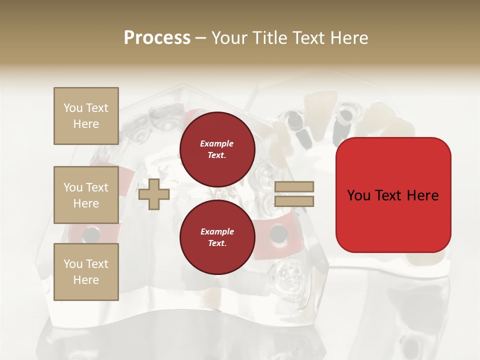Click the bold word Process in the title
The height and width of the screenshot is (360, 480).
tap(157, 38)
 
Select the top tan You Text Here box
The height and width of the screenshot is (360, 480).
tap(86, 116)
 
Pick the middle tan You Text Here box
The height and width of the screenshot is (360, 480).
tap(86, 195)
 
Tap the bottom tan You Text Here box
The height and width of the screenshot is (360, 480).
tap(86, 272)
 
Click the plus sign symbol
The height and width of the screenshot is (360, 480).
tap(154, 194)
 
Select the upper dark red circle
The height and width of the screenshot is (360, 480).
tap(217, 149)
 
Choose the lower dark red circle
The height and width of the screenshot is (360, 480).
tap(217, 237)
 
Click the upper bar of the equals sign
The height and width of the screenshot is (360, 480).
tap(294, 187)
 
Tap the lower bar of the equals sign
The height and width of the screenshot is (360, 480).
tap(294, 201)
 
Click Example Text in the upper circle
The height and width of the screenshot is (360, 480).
tap(217, 149)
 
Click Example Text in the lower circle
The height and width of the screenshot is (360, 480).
tap(217, 237)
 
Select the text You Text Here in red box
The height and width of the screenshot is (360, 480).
tap(393, 195)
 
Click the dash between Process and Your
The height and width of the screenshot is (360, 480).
tap(200, 39)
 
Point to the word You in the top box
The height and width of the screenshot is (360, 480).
tap(72, 108)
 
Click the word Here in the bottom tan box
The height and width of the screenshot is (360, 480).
tap(86, 280)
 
